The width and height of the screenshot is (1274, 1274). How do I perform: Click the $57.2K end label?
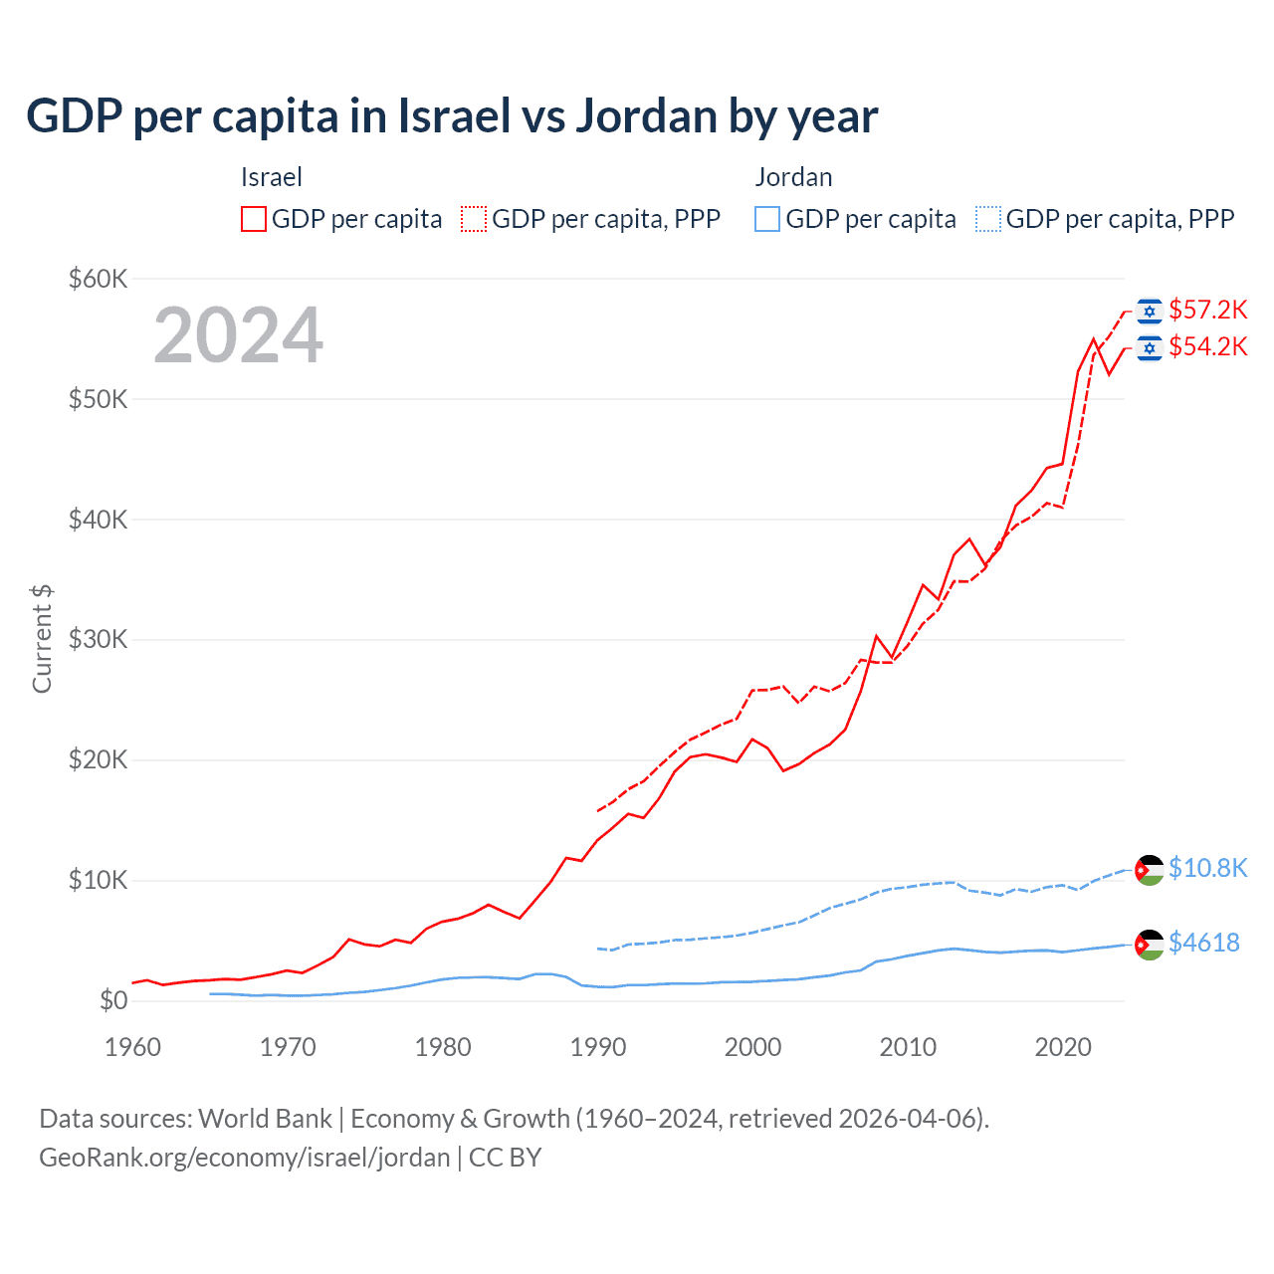click(1207, 311)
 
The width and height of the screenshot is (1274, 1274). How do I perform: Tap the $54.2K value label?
click(1207, 347)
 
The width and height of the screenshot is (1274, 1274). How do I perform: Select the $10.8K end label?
click(1207, 868)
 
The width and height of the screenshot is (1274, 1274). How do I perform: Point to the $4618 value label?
click(1203, 943)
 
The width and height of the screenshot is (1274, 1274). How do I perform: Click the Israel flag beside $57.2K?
click(1150, 312)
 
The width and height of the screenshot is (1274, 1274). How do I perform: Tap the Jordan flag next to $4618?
click(1150, 944)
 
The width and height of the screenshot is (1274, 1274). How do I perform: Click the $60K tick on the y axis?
click(98, 279)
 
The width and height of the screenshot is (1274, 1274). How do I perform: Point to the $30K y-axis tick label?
click(98, 639)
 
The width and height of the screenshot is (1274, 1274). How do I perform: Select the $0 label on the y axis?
click(113, 1000)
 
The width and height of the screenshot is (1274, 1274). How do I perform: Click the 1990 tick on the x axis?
click(598, 1047)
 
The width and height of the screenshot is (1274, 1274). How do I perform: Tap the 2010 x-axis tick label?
click(908, 1047)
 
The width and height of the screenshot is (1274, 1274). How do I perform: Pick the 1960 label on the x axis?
click(133, 1047)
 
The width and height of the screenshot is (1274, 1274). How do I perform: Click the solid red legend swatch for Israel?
click(254, 219)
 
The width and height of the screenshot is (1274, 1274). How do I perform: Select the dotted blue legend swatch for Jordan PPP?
click(988, 219)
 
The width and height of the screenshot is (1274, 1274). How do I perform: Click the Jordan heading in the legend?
click(793, 177)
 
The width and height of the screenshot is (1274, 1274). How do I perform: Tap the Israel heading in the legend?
click(271, 177)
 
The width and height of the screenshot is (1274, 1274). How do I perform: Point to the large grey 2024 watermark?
click(238, 335)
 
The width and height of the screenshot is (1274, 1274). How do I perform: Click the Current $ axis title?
click(42, 639)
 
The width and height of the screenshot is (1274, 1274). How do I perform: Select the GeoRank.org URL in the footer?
click(244, 1158)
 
